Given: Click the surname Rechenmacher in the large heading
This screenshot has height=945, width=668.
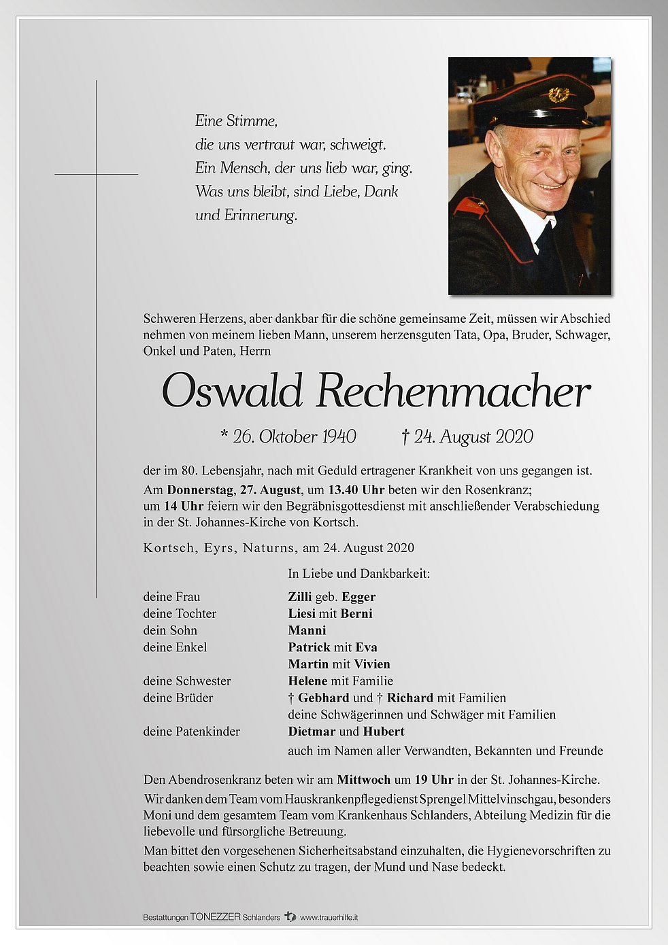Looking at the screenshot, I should [452, 392].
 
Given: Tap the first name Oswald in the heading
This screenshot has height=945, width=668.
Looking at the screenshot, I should [232, 392].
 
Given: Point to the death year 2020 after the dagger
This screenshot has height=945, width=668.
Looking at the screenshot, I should [514, 436].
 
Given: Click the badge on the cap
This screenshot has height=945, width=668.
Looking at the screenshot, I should [558, 94].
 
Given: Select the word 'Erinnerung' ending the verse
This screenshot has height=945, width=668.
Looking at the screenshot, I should [261, 216].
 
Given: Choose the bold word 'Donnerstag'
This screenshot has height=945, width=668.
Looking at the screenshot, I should [199, 489].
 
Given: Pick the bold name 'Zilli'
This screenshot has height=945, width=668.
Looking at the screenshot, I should [299, 597].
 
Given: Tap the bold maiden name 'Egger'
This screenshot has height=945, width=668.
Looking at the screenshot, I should [358, 597].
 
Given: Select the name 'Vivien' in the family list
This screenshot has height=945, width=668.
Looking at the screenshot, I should [371, 664].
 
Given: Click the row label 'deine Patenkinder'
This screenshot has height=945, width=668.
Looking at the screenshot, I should [191, 732].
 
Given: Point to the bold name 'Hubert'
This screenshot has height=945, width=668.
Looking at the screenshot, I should [384, 732].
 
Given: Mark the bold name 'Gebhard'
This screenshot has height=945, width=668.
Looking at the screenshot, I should [324, 698].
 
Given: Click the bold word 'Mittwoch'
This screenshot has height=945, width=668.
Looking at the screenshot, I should [363, 780].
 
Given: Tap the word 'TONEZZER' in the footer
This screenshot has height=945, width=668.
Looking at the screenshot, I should [215, 917].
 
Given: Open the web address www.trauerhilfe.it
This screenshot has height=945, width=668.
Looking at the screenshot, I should [329, 917].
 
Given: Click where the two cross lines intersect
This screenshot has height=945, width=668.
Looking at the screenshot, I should [96, 175].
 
